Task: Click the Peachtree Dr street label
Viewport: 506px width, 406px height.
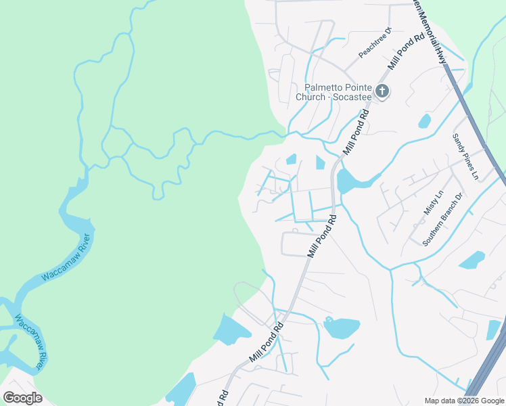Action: point(375,43)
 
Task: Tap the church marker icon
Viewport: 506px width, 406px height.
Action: point(382,91)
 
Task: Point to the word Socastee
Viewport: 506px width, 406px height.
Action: point(351,97)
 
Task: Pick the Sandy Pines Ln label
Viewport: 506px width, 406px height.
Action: point(465,157)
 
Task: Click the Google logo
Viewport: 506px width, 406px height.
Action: point(22,398)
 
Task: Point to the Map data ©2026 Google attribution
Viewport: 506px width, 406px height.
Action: point(464,400)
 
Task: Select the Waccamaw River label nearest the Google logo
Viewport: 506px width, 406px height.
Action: point(30,342)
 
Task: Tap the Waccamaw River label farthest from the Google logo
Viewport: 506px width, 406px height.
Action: point(66,257)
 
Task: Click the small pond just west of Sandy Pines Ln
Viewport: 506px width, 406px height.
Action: point(424,122)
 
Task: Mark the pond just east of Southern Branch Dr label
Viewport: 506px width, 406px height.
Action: point(471,261)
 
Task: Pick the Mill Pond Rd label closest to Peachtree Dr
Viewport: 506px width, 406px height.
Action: point(407,50)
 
